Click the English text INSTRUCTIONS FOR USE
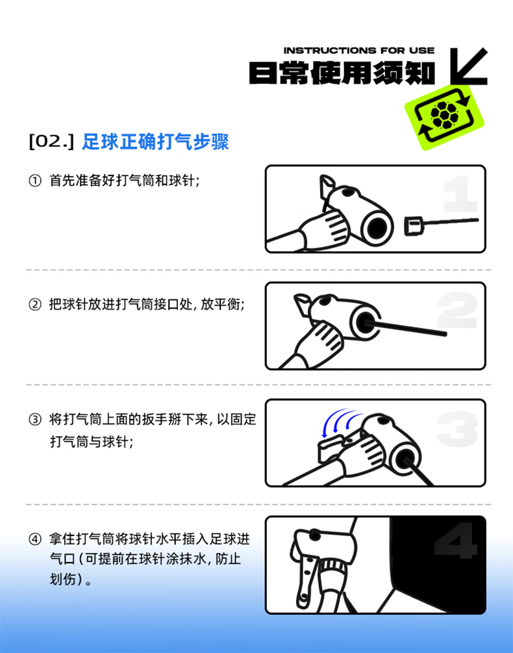[x=358, y=51]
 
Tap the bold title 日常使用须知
[x=342, y=73]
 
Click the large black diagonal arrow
[x=469, y=67]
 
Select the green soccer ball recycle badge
[x=444, y=116]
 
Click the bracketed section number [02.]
[x=51, y=141]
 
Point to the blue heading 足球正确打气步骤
[x=155, y=142]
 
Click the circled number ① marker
[x=35, y=181]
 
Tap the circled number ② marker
[x=35, y=305]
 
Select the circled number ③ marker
[x=35, y=419]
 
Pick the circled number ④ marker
[x=35, y=539]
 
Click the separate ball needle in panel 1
[x=441, y=224]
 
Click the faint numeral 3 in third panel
[x=457, y=429]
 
